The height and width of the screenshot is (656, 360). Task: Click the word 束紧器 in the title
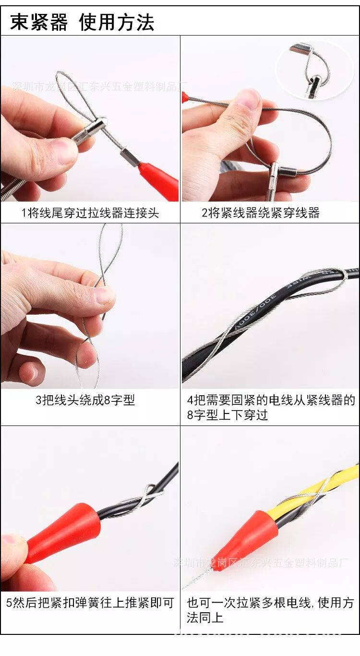[39, 23]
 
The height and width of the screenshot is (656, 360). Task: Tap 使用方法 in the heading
[117, 23]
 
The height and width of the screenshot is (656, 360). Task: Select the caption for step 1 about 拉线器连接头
[90, 213]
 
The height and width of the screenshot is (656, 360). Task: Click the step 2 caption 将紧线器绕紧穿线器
[260, 213]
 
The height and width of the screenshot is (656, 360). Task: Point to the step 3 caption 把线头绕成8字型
[85, 400]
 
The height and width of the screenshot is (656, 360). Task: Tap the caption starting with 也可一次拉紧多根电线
[270, 610]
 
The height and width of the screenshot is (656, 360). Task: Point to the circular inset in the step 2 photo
[315, 70]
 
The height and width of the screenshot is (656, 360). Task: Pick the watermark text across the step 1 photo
[96, 86]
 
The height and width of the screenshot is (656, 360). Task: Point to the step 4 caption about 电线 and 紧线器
[270, 407]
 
